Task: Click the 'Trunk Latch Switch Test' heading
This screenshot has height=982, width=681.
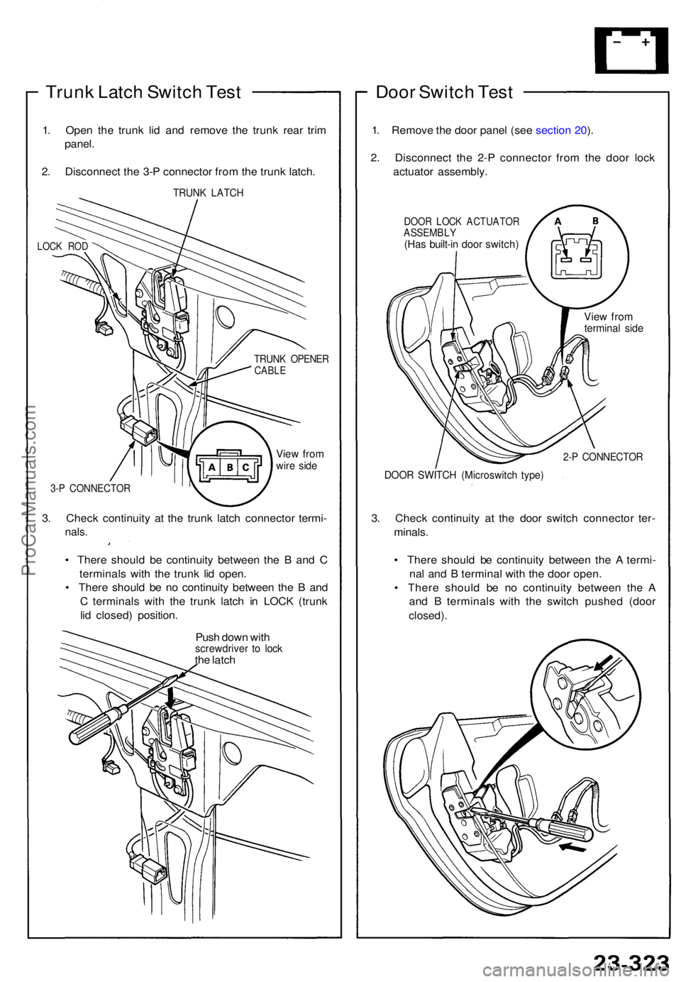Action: coord(143,92)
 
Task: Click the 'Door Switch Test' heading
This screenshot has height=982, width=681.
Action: coord(444,92)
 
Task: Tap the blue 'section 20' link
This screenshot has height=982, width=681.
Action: coord(561,130)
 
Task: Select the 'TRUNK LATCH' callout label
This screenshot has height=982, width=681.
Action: coord(208,193)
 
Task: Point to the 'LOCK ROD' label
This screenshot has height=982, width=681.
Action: coord(62,246)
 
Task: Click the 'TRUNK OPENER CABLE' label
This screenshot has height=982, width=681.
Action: coord(291,364)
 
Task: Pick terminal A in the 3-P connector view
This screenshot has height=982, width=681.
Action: coord(212,468)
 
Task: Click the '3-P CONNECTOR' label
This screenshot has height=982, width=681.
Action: coord(91,488)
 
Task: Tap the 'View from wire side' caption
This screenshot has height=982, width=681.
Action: coord(299,460)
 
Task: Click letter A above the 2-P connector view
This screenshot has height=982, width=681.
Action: coord(558,221)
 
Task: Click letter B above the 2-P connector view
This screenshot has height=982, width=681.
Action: coord(595,221)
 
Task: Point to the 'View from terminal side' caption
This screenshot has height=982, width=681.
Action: coord(613,322)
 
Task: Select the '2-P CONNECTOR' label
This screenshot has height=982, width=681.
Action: coord(602,457)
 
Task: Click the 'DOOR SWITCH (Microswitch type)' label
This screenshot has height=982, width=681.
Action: coord(463,475)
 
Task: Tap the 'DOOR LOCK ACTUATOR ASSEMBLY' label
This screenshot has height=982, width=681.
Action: coord(461,227)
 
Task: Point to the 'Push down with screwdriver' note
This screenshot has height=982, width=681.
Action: coord(238,648)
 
